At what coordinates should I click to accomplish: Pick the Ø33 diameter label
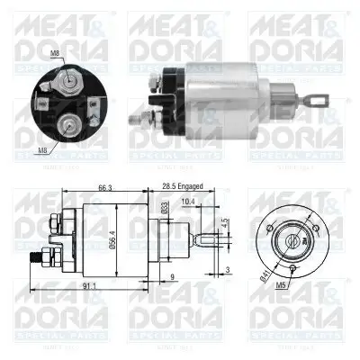pos(165,209)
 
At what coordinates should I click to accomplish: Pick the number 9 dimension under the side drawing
pos(173,277)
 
